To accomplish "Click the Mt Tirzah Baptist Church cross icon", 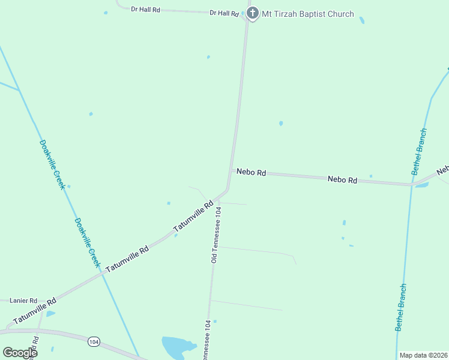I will pos(253,13).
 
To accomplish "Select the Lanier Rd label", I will pos(25,301).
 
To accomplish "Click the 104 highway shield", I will pos(93,341).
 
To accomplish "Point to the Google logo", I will pos(20,353).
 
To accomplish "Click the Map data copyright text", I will pos(423,355).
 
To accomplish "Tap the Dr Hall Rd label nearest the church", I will pos(224,13).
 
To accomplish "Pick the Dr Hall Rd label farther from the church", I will pos(146,10).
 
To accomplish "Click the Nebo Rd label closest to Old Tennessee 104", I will pos(251,172).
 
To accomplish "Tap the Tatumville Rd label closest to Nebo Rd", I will pos(193,217).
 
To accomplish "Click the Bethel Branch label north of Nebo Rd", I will pos(419,151).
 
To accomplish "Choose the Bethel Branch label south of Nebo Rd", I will pos(401,307).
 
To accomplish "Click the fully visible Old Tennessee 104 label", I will pos(216,235).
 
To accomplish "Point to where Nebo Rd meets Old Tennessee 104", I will pos(230,172).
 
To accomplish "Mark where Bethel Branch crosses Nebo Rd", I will pos(412,185).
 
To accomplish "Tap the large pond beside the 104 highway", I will pos(178,346).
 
